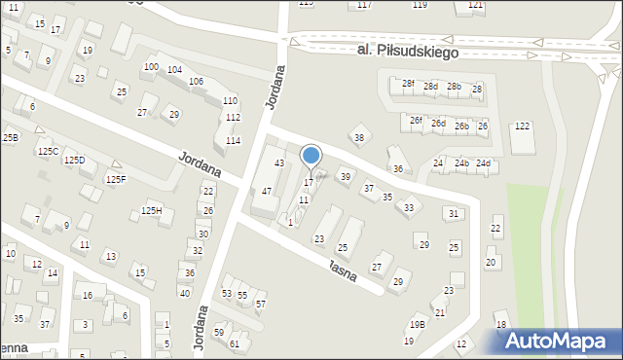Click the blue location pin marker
[x=311, y=156]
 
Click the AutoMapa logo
[x=561, y=341]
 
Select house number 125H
[x=151, y=211]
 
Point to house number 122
[x=523, y=126]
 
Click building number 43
[x=278, y=162]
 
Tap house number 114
[x=234, y=141]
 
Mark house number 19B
[x=418, y=325]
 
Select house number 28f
[x=408, y=84]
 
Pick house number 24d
[x=484, y=163]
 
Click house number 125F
[x=116, y=179]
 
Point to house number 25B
[x=10, y=138]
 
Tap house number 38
[x=358, y=138]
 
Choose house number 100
[x=151, y=66]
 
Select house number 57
[x=260, y=304]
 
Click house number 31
[x=453, y=213]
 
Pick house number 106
[x=196, y=81]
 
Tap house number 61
[x=234, y=343]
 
